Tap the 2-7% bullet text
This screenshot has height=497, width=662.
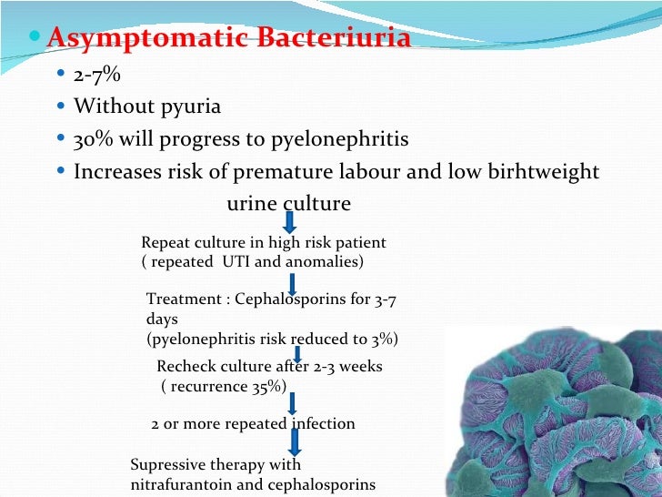coord(97,75)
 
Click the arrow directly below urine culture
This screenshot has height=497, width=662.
coord(288,222)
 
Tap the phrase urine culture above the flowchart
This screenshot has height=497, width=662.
coord(288,203)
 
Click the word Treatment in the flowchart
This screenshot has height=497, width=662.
coord(183,298)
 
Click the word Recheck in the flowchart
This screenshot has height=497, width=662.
coord(186,367)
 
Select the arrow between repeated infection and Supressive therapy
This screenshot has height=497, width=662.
coord(294,443)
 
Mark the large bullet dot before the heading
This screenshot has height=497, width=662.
coord(35,39)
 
